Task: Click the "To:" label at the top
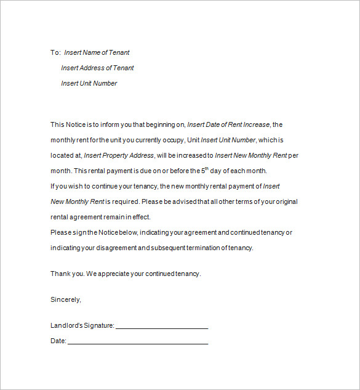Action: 55,53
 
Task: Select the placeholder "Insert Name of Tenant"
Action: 97,53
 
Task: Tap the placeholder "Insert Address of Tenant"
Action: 97,68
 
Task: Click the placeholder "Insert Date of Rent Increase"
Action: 228,124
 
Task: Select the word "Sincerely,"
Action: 65,299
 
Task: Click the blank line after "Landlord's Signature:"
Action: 162,326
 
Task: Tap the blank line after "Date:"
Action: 138,341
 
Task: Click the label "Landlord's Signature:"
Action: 82,326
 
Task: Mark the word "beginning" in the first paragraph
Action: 161,124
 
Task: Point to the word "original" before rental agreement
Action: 286,201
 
